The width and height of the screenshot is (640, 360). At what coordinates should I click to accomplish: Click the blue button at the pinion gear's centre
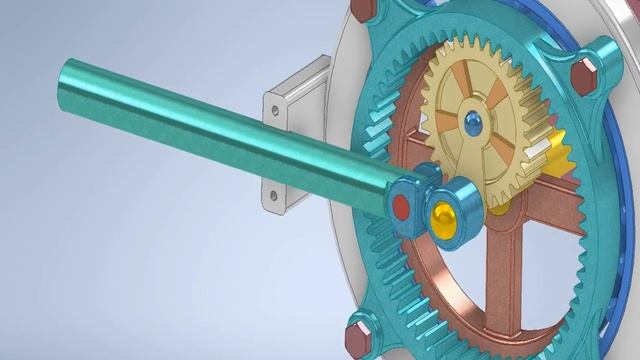tap(472, 122)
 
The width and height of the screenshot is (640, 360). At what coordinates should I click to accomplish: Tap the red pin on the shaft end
tap(401, 208)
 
